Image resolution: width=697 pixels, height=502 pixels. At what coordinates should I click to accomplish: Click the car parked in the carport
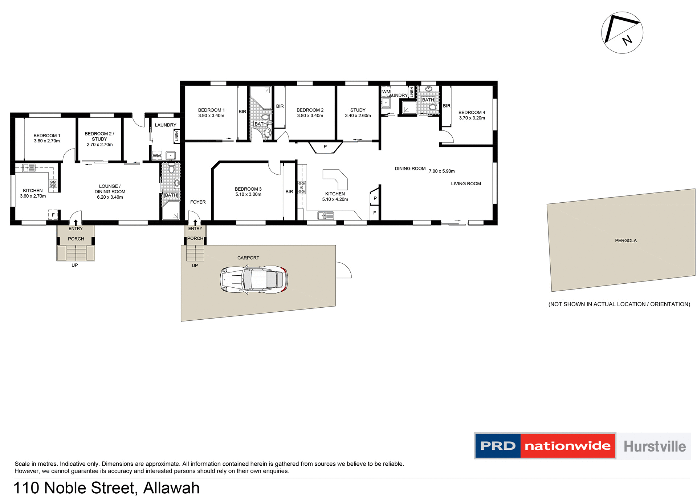click(254, 279)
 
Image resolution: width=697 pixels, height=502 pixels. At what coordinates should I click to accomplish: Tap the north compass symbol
click(622, 33)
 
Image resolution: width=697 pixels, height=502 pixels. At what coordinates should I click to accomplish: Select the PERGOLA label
click(625, 240)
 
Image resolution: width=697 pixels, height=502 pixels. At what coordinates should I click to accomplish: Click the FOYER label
click(198, 202)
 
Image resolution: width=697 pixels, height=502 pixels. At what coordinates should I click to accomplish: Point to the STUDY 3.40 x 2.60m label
click(358, 113)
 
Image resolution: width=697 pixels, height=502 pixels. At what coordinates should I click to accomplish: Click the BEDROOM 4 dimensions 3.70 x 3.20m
click(472, 118)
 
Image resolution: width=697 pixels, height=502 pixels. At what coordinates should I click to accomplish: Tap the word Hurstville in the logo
click(654, 446)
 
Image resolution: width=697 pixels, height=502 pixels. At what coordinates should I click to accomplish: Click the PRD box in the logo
click(498, 446)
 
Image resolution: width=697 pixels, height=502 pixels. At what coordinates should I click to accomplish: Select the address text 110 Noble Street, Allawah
click(106, 488)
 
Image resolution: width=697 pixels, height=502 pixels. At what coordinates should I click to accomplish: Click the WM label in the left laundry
click(156, 156)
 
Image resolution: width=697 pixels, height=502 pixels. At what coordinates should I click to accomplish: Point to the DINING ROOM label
click(410, 169)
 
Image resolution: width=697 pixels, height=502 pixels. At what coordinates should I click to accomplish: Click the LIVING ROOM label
click(466, 184)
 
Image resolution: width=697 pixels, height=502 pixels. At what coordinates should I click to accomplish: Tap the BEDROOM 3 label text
click(248, 189)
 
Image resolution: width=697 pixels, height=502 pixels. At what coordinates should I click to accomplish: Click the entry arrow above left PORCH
click(76, 222)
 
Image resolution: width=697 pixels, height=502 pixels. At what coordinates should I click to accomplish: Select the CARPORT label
click(248, 258)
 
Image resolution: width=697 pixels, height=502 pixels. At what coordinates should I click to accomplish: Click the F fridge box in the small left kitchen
click(53, 215)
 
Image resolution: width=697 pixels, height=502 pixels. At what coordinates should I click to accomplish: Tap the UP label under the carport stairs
click(195, 266)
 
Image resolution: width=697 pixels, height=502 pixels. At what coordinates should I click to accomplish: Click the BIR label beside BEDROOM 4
click(447, 106)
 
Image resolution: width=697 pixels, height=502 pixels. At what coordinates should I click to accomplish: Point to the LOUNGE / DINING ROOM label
click(110, 189)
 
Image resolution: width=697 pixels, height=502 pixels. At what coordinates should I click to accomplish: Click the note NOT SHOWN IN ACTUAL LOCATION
click(619, 304)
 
